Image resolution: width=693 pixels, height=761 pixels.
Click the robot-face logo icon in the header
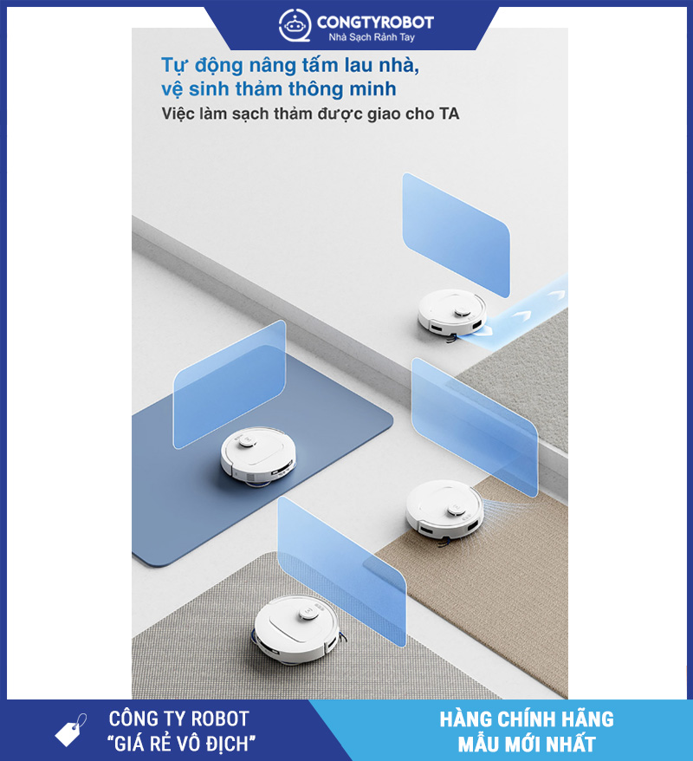click(295, 25)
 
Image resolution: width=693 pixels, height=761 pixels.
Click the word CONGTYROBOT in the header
click(375, 22)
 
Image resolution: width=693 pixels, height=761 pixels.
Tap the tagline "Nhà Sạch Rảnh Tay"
click(372, 37)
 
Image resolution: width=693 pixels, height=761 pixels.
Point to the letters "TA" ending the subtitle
click(449, 114)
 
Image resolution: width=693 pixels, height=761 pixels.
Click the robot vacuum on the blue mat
click(258, 457)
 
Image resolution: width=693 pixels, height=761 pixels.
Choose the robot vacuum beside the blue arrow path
click(452, 313)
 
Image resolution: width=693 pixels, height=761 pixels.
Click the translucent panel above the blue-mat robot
click(230, 384)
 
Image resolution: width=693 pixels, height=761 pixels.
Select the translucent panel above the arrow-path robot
click(456, 236)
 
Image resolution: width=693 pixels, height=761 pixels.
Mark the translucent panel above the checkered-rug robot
click(341, 571)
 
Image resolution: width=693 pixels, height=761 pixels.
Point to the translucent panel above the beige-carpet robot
click(475, 427)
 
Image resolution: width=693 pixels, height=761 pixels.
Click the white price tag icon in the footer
click(71, 730)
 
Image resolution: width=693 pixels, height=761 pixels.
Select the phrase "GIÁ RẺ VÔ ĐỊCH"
click(181, 744)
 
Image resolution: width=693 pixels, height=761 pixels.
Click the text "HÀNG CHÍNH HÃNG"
click(527, 719)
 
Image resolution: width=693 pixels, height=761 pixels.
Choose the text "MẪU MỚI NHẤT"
click(527, 744)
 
